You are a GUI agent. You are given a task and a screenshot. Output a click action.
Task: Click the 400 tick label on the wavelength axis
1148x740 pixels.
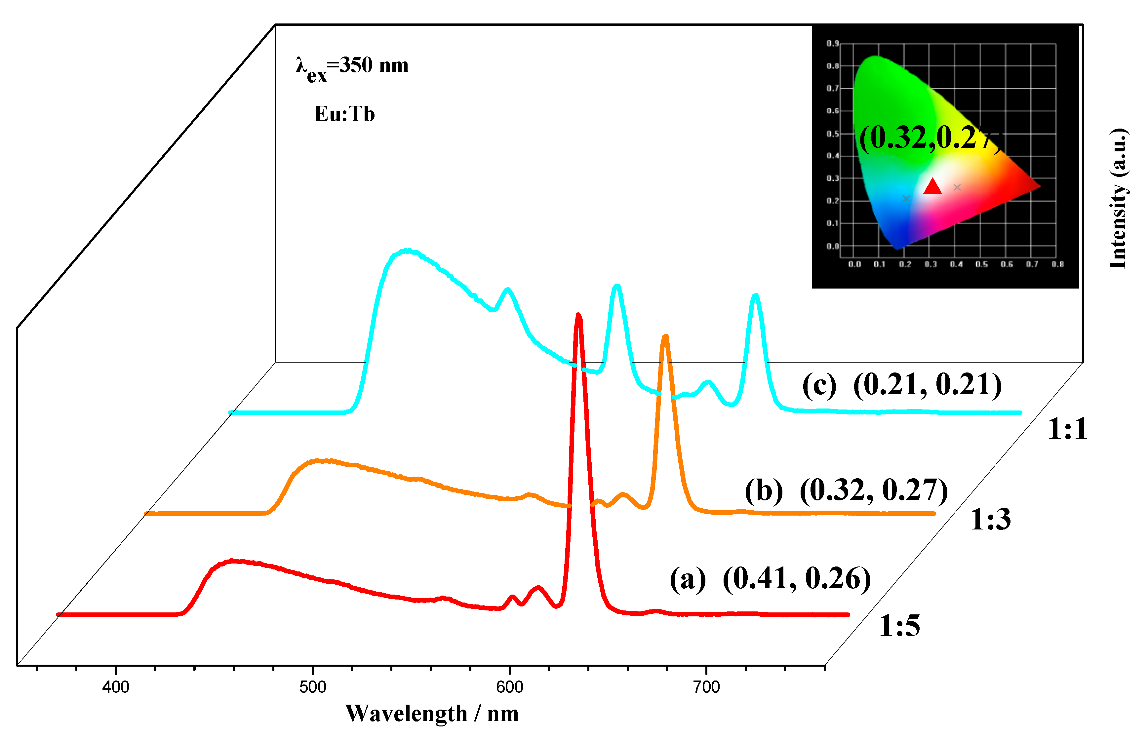115,687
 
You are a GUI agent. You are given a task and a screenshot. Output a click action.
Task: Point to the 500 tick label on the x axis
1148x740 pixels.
312,687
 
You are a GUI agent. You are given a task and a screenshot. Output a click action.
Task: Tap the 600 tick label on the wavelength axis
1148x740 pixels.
509,687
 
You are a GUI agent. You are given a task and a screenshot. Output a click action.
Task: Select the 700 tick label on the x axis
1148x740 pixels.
706,687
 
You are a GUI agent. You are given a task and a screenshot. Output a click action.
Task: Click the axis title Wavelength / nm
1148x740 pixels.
431,714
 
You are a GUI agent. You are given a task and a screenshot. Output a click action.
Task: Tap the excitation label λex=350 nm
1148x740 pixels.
352,67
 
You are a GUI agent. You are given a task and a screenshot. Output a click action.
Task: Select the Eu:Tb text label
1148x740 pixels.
344,114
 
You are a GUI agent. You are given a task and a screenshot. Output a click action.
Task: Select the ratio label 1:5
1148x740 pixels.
899,626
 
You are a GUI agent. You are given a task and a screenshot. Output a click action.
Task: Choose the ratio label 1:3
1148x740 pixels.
990,520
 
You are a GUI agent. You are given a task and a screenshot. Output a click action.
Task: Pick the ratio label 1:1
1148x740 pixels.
1067,429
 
